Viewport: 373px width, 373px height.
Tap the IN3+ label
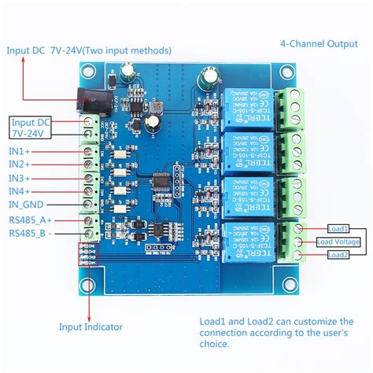[20, 177]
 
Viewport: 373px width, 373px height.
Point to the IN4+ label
[20, 190]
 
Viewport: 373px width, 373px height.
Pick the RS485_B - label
[29, 233]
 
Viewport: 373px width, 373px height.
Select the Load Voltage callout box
[339, 242]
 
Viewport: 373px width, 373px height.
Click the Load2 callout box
[338, 255]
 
